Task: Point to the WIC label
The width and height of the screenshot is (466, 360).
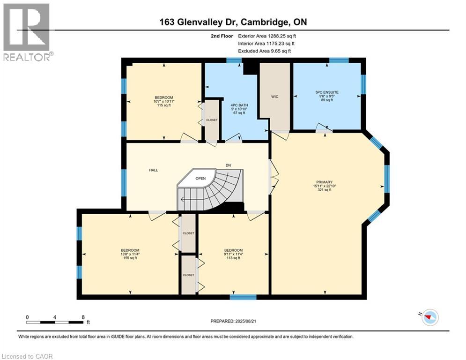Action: [275, 97]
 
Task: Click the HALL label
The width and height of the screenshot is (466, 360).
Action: [153, 170]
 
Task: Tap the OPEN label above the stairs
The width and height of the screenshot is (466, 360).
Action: [200, 178]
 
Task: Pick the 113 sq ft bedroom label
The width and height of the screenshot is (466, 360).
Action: [233, 254]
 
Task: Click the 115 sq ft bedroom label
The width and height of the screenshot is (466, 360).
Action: [163, 101]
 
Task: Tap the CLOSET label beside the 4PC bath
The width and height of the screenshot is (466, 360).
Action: [212, 120]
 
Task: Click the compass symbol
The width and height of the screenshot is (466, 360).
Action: [429, 317]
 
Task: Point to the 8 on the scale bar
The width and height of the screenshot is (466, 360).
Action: [83, 317]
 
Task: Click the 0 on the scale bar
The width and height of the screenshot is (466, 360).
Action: [28, 317]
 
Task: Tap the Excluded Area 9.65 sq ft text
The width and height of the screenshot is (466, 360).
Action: [264, 51]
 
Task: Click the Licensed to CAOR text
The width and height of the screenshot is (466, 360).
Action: [28, 356]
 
